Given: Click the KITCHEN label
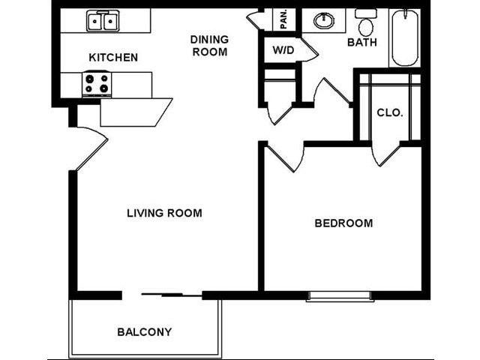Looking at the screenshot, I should [x=113, y=57].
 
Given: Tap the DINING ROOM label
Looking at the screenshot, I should [x=208, y=45].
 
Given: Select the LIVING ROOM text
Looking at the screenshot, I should [x=164, y=213].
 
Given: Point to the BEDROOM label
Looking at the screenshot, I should [x=343, y=223].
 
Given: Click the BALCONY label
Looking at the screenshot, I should [x=145, y=331].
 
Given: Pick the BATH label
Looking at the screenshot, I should [x=361, y=43].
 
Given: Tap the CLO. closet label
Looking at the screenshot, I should [x=389, y=113].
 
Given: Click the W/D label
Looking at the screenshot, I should [x=283, y=52].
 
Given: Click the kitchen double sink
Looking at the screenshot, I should [x=101, y=20].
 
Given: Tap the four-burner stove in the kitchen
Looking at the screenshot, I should [x=97, y=83].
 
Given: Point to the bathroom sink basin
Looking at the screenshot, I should [x=324, y=21].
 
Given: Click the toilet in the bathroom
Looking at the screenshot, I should [x=366, y=24].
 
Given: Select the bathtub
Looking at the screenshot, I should [x=406, y=37].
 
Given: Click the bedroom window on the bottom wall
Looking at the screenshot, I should [x=340, y=297].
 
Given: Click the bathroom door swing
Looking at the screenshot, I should [x=331, y=93].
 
